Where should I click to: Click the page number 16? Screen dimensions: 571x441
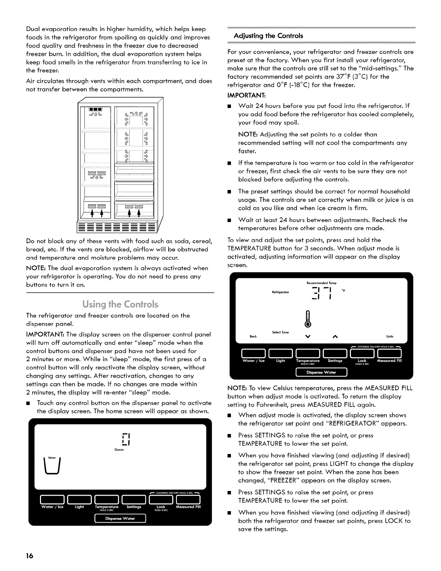pyautogui.click(x=30, y=556)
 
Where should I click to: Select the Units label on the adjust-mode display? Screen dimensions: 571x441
pyautogui.click(x=390, y=336)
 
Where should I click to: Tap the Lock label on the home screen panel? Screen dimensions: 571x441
pyautogui.click(x=161, y=507)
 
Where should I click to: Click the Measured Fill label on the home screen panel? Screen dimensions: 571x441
pyautogui.click(x=188, y=507)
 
